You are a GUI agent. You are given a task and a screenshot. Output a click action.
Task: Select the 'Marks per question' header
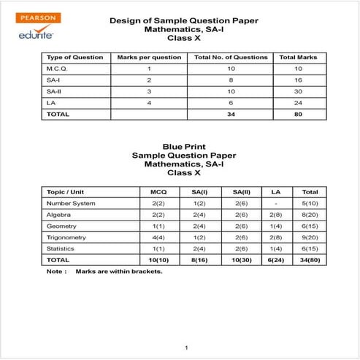point(139,57)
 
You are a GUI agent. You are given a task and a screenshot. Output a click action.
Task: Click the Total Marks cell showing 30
point(299,91)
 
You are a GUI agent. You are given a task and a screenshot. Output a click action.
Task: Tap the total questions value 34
point(231,115)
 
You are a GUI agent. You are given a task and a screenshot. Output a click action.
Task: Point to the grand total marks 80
point(299,115)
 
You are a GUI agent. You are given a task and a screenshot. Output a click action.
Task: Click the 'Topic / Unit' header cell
point(66,191)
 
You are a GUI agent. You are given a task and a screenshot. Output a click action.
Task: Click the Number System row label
point(71,203)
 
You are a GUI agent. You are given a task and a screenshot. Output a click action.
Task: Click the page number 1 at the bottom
point(187,347)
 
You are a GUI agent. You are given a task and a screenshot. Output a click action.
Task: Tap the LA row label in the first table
point(51,103)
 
